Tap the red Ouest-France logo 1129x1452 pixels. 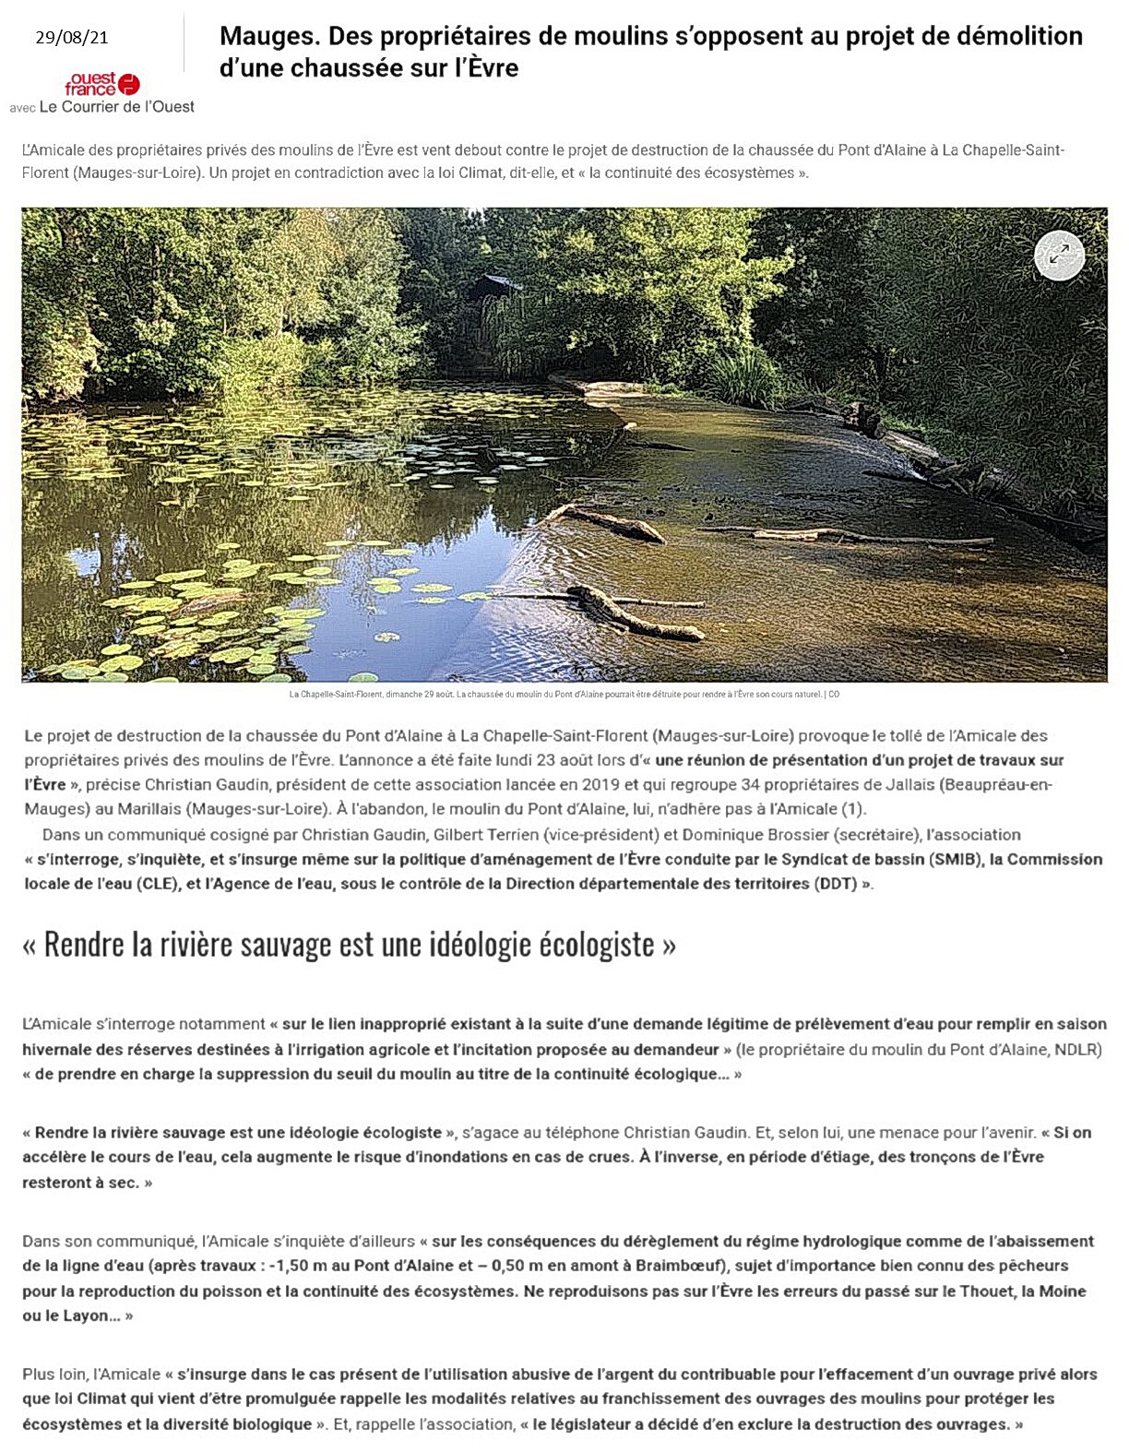pos(101,85)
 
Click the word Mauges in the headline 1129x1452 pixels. pos(263,37)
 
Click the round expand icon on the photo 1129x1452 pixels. pos(1059,256)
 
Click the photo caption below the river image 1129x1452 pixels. pos(564,695)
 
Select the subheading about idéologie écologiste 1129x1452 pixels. pos(349,945)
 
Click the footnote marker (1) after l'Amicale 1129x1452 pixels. pos(855,809)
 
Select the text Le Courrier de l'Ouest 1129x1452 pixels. pos(129,107)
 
